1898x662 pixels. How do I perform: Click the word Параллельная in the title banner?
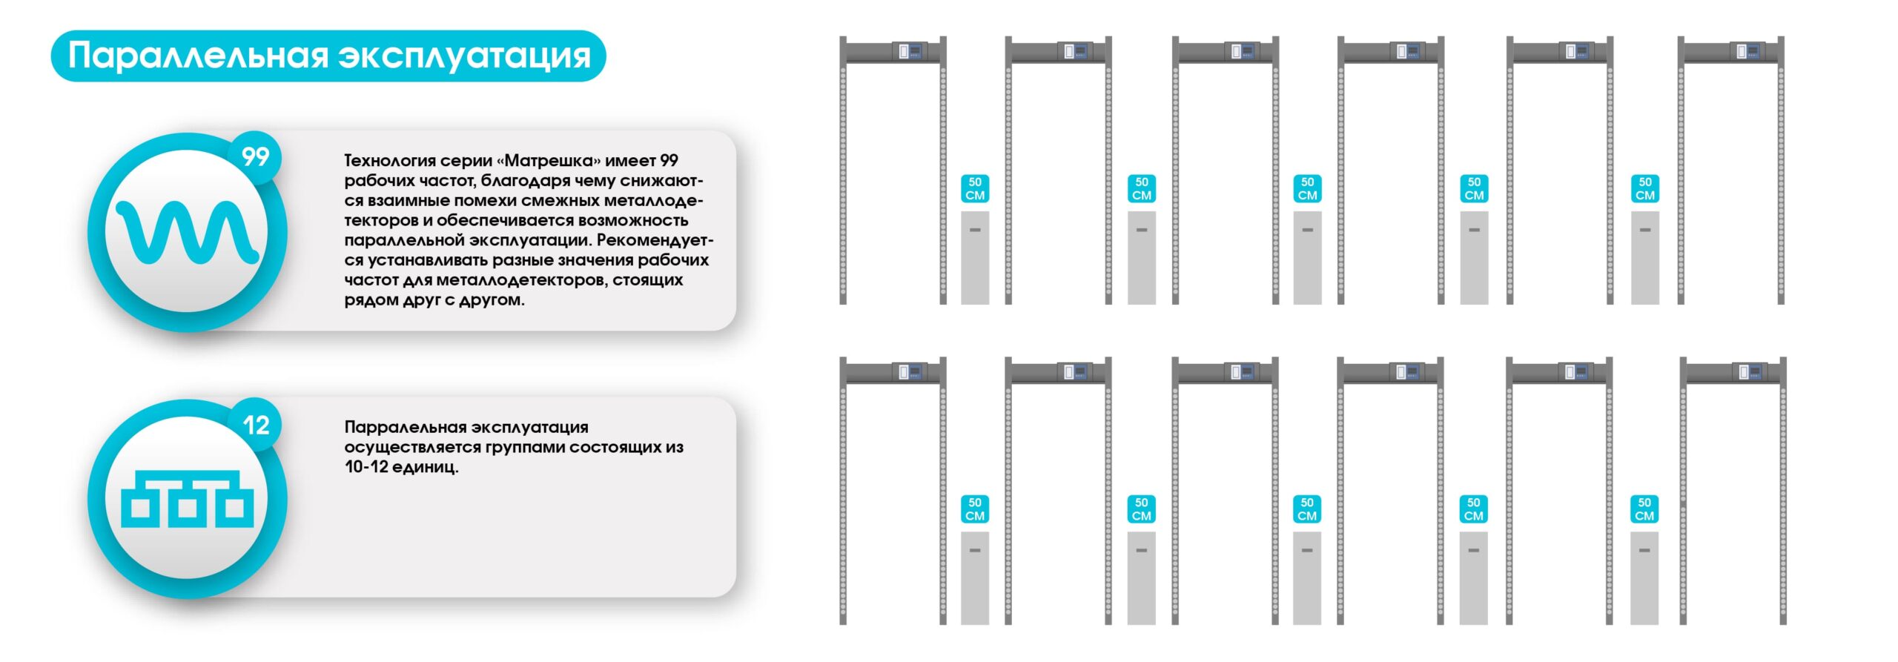198,56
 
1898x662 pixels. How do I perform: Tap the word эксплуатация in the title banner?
465,57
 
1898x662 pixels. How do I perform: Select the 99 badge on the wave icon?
256,156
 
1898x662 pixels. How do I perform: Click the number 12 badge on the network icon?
256,425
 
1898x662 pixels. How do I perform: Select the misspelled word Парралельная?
406,428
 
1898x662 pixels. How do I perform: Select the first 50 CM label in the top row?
975,189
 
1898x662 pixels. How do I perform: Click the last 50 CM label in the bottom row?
1644,509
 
